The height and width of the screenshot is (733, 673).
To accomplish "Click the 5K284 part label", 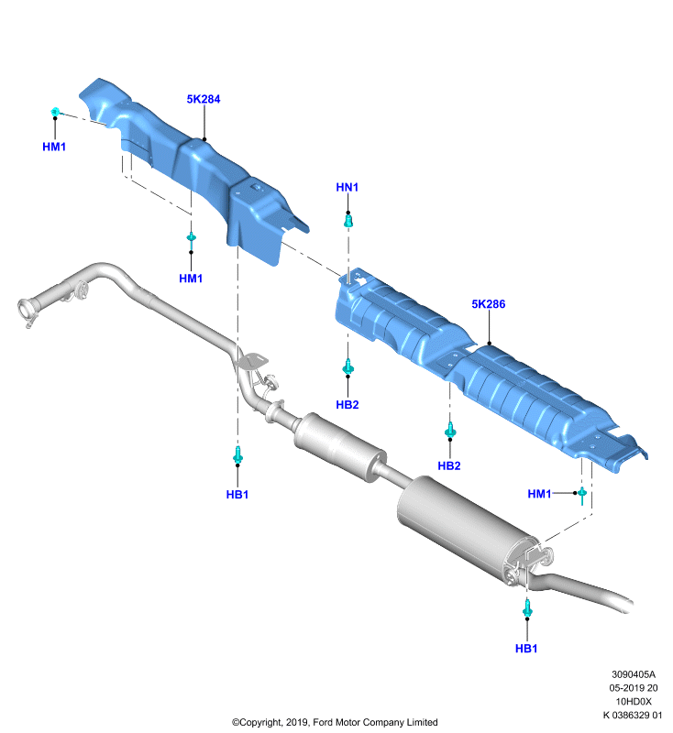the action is click(203, 99).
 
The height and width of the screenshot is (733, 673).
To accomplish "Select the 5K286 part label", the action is click(489, 304).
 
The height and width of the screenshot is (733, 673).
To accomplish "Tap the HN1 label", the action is click(347, 187).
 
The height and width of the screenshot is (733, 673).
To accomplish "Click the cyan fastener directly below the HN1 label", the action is click(348, 221).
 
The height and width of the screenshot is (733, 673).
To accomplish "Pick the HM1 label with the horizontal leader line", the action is click(539, 494).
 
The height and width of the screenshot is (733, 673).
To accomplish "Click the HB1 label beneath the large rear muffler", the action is click(526, 649).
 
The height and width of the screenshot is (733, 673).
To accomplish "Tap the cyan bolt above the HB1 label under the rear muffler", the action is click(527, 608).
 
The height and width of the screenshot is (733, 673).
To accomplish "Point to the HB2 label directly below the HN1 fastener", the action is click(347, 404).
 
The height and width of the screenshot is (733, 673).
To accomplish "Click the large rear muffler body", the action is click(468, 523).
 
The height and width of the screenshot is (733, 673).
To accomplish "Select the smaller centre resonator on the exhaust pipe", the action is click(340, 446).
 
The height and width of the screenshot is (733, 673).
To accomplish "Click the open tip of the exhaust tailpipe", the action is click(624, 604).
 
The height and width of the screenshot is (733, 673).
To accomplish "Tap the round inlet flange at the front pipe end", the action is click(26, 310).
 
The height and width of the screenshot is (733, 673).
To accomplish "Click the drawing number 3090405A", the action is click(634, 674).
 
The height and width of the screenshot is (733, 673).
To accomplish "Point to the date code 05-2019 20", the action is click(634, 688).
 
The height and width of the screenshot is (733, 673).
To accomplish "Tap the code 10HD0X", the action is click(634, 702).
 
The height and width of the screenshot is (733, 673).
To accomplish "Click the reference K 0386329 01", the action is click(633, 716).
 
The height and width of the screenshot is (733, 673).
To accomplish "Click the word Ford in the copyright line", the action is click(322, 722).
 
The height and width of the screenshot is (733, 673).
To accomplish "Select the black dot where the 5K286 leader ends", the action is click(490, 344).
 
